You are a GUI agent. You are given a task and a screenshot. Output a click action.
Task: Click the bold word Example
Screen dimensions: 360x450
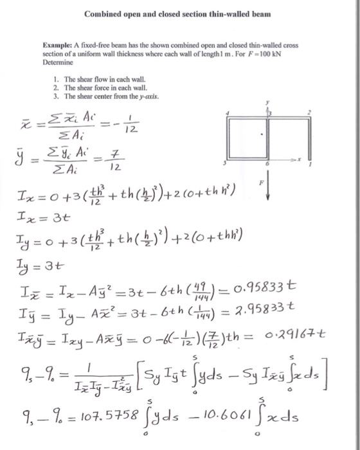(57, 48)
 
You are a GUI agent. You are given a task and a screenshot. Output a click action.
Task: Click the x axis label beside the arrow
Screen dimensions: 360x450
(298, 156)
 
